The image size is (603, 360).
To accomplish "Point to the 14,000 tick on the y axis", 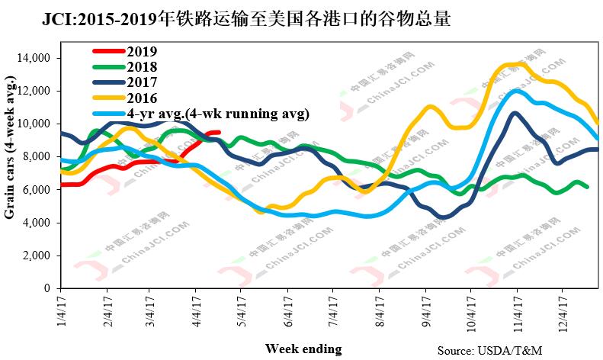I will [x=34, y=58].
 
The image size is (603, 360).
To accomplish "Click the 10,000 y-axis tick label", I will [x=34, y=124].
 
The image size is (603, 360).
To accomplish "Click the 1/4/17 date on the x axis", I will [x=61, y=312].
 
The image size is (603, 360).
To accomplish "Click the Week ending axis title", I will [x=303, y=349].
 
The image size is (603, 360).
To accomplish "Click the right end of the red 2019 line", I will [x=219, y=133].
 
